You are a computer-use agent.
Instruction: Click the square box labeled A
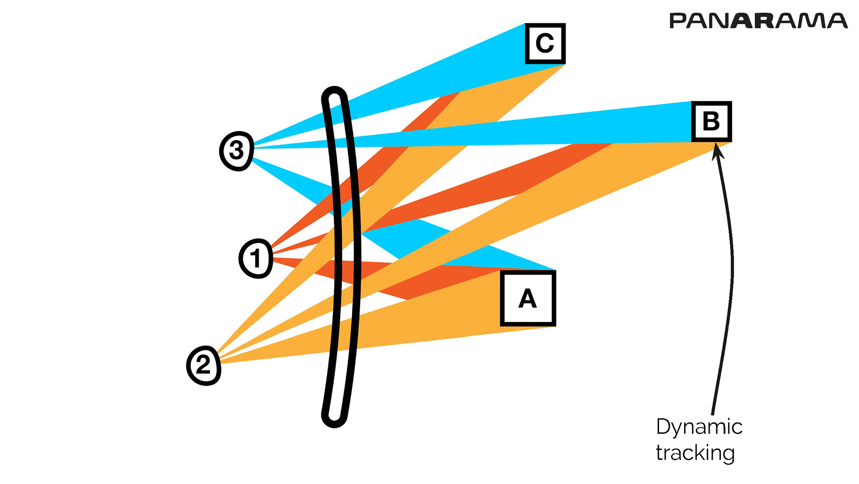(528, 299)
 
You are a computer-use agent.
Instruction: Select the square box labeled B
(711, 122)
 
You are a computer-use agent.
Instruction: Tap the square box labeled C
(545, 43)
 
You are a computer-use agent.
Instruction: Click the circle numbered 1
(255, 258)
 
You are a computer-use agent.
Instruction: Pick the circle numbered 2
(204, 365)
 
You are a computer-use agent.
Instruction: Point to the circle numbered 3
(237, 150)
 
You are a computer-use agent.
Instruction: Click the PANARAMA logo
(758, 21)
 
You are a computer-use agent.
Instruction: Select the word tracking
(695, 453)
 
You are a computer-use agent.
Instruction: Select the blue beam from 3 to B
(537, 130)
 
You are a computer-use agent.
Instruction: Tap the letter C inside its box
(545, 43)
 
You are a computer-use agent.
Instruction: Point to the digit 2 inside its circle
(204, 365)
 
